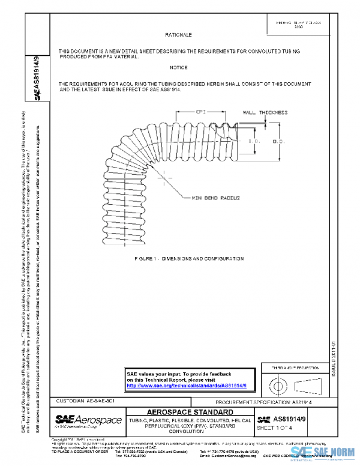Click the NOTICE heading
click(x=178, y=67)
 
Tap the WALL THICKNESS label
click(x=265, y=112)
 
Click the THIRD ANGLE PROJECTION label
click(x=295, y=368)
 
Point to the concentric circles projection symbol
click(x=278, y=383)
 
